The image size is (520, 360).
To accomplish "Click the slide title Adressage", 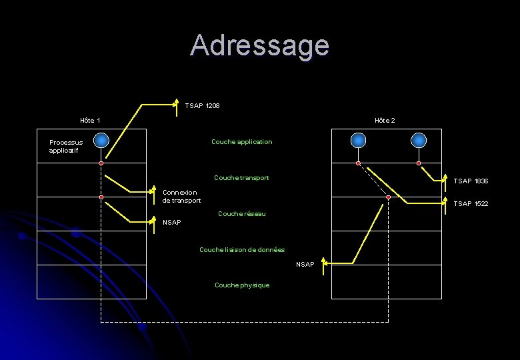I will coord(259,45).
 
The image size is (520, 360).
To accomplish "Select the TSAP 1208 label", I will coord(203,106).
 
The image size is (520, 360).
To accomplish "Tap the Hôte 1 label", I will coord(90,121).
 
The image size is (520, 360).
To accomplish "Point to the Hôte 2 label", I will coord(385,121).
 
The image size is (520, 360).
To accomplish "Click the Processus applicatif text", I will coord(66,147).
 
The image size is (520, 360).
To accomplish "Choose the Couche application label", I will coord(241,142).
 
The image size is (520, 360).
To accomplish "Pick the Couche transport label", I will coord(241,178).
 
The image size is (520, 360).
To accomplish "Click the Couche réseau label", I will coord(241,214).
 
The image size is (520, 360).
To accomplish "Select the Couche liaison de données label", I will coord(242,250).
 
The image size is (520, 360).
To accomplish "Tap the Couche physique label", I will coord(242,285).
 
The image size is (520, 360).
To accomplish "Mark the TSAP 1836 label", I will coord(471,181).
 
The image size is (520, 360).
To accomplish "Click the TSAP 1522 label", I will coord(471,204).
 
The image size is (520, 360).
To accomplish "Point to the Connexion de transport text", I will coord(181,197).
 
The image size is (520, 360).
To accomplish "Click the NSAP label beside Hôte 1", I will coord(172,223).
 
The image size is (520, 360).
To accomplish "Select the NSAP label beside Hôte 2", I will coord(305,265).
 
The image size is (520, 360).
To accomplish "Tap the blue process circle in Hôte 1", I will coord(101,140).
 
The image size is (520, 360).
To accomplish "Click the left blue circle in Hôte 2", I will coord(358,140).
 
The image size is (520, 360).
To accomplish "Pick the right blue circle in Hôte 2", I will coord(418,140).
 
